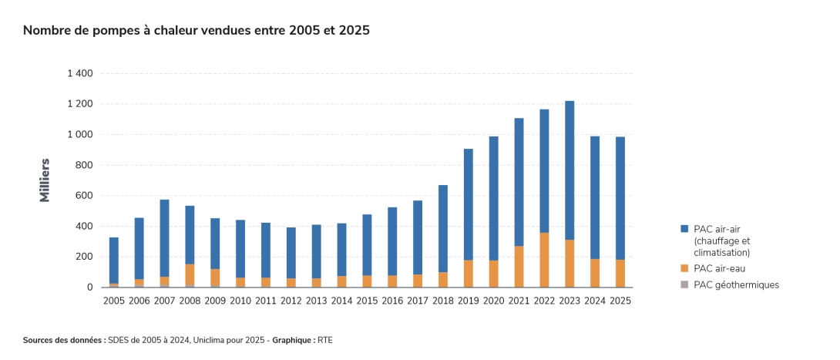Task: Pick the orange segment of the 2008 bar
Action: [x=190, y=274]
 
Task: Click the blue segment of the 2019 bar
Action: [x=469, y=204]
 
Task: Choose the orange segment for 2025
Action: [x=620, y=273]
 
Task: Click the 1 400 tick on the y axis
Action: [x=80, y=73]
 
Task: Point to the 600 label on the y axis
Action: [x=86, y=196]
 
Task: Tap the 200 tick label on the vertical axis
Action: [x=86, y=257]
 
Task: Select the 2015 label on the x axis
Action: [x=367, y=301]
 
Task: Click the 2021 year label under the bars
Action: [x=519, y=301]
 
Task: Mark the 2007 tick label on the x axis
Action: [x=164, y=301]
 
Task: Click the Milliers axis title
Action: [x=45, y=180]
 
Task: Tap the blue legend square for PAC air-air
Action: [x=684, y=229]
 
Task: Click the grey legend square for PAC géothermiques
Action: [x=684, y=285]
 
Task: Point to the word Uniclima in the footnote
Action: [x=209, y=340]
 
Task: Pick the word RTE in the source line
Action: [x=324, y=340]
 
